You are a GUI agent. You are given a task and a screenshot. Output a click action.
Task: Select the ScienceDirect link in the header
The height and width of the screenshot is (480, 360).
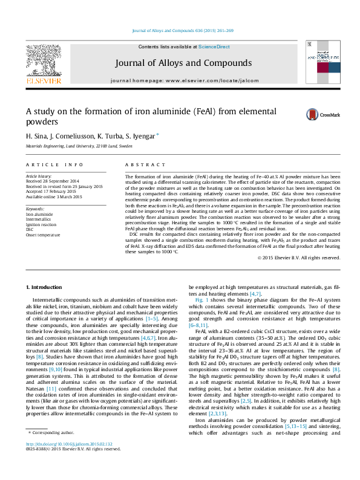click(214, 47)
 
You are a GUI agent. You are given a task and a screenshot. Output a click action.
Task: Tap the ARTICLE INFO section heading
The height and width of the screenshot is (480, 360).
click(55, 164)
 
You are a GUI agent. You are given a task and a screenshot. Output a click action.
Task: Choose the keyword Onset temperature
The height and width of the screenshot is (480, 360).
click(43, 234)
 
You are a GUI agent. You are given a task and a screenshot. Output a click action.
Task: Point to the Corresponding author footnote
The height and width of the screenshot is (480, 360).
click(53, 450)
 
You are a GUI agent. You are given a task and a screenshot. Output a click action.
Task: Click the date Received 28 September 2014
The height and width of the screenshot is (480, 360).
click(52, 181)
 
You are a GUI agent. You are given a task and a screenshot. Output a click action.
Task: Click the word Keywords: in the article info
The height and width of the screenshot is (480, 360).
click(35, 208)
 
